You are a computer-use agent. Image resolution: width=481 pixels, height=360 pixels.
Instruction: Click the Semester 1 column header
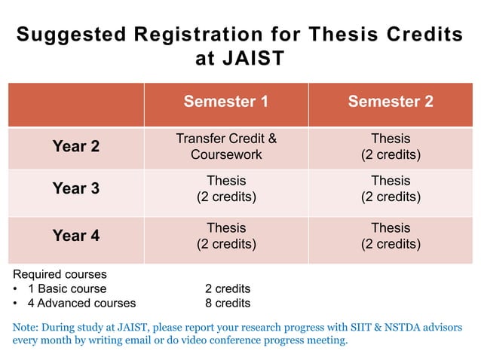point(226,102)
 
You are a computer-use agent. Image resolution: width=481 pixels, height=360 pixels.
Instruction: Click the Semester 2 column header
point(391,102)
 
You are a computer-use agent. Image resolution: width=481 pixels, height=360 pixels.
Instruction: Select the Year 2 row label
point(75,147)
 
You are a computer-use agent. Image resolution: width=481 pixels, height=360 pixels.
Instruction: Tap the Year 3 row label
point(75,189)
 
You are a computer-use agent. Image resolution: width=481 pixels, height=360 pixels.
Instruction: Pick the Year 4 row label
point(75,236)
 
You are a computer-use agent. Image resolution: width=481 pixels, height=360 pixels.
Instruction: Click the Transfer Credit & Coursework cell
point(226,147)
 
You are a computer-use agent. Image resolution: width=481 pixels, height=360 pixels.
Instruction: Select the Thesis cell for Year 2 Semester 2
point(391,147)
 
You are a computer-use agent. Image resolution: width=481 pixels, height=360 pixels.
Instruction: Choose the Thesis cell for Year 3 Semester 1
point(226,189)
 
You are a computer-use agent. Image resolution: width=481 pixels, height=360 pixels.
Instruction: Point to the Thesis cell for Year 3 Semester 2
point(391,189)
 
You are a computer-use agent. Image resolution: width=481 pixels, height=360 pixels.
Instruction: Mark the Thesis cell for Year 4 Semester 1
point(226,236)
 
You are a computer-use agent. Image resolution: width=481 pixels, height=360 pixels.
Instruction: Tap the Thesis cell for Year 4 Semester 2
point(391,236)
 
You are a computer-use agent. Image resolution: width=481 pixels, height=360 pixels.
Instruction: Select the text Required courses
point(60,274)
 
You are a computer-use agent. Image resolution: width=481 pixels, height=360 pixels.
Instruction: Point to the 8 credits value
point(228,304)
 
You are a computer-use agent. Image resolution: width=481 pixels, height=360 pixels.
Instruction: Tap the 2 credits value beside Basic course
point(228,288)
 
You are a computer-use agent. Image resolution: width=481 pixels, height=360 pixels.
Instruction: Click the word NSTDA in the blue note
point(382,327)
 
